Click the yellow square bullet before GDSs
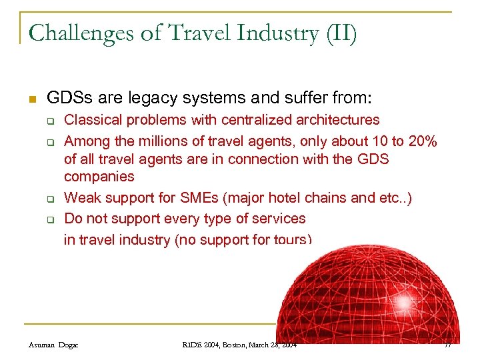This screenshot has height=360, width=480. click(x=31, y=99)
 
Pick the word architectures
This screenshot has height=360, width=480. click(x=342, y=120)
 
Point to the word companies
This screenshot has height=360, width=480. click(x=99, y=177)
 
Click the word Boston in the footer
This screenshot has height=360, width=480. click(x=230, y=345)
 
